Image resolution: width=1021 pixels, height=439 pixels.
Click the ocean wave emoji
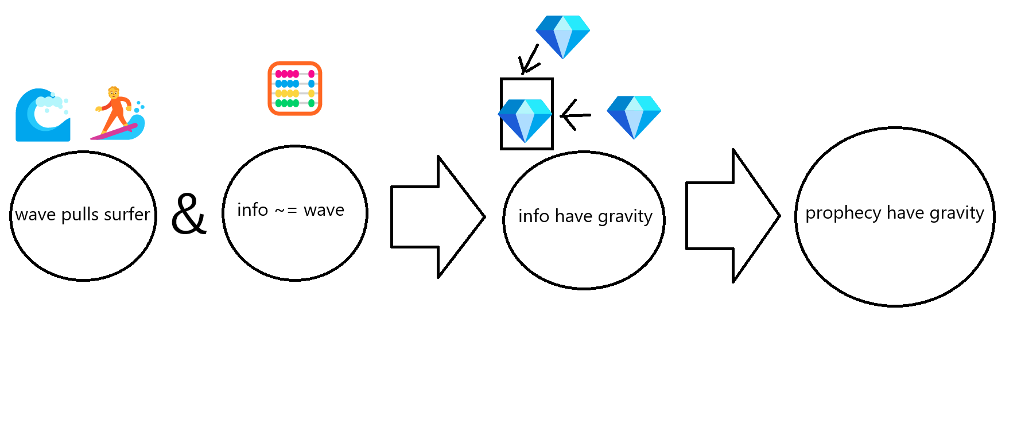pyautogui.click(x=43, y=115)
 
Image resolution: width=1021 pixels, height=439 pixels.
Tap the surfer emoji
pyautogui.click(x=118, y=114)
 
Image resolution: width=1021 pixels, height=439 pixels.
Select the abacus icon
pyautogui.click(x=295, y=88)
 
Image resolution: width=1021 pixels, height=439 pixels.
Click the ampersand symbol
pyautogui.click(x=189, y=214)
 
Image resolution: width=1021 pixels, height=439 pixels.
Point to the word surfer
pyautogui.click(x=127, y=215)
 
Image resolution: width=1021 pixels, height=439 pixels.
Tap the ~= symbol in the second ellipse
pyautogui.click(x=285, y=211)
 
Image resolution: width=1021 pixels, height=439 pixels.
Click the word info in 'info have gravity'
pyautogui.click(x=534, y=216)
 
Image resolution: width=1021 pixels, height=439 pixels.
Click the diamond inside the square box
pyautogui.click(x=525, y=121)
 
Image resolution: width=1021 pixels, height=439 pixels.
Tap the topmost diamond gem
pyautogui.click(x=562, y=36)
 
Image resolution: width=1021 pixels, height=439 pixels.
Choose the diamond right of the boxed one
pyautogui.click(x=634, y=116)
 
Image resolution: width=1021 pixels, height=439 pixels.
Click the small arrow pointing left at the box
pyautogui.click(x=575, y=115)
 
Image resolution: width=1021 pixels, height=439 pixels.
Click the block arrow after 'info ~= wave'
pyautogui.click(x=437, y=217)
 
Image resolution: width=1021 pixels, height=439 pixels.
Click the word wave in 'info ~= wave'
pyautogui.click(x=324, y=211)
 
